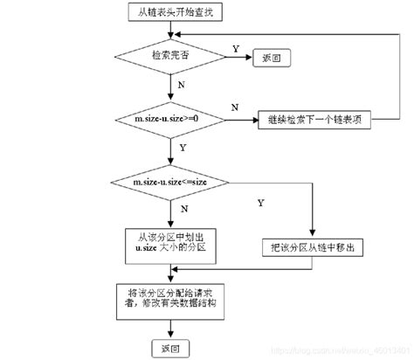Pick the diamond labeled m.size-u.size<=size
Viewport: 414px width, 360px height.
(x=169, y=181)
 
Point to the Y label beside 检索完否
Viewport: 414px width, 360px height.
(x=234, y=50)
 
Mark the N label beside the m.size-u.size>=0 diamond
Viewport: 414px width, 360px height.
(x=235, y=107)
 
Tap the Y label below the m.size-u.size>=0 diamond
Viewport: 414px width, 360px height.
(x=182, y=149)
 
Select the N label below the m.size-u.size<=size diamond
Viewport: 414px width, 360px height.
(x=181, y=210)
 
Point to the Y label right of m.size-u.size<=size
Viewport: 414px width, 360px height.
(x=260, y=204)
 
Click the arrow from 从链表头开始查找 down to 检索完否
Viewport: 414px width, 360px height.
(x=169, y=31)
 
